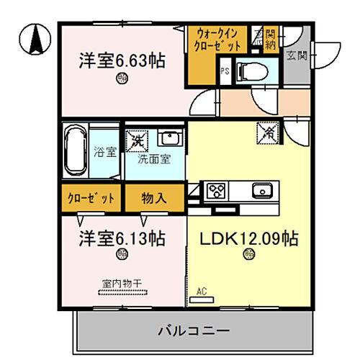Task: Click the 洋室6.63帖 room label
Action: tap(122, 61)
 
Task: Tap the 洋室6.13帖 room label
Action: tap(122, 237)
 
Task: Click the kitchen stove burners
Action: tap(216, 191)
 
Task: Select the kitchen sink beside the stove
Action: tap(261, 191)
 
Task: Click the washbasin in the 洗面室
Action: tap(170, 138)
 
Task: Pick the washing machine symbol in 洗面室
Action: tap(135, 138)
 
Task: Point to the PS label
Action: tap(225, 71)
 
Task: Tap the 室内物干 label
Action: tap(122, 283)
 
